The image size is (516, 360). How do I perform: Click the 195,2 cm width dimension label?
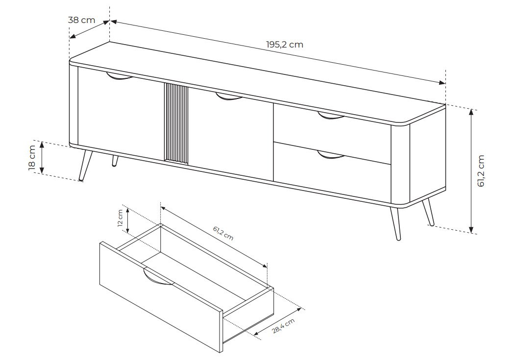coord(285,45)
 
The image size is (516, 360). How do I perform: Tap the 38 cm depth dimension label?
coord(81,21)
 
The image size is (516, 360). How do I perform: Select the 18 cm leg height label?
coord(32,158)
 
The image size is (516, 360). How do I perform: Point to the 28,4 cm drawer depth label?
coord(284,326)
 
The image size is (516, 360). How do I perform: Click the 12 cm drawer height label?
coord(120,218)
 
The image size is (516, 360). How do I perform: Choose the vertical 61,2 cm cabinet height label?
coord(481,171)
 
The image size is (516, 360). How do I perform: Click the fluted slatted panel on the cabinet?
coord(176,122)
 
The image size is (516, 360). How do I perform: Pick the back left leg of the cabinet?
coord(115,161)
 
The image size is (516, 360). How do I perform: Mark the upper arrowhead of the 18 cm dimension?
coord(42,144)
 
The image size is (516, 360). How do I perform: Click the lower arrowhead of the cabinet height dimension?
coord(471,230)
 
